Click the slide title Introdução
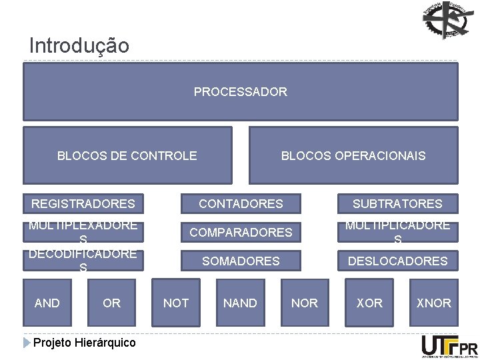coord(79,46)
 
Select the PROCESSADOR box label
coord(240,92)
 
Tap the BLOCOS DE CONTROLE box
coord(127,156)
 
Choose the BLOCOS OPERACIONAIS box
coord(353,156)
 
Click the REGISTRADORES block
coord(83,203)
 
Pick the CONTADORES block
coord(241,203)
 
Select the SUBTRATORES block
coord(397,203)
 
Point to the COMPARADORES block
coord(241,232)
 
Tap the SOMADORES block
coord(241,261)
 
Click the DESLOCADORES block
coord(397,261)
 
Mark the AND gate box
coord(47,303)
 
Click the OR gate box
coord(111,303)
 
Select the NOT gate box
coord(176,303)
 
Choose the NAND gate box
coord(240,303)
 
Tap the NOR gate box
coord(305,303)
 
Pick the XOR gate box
coord(369,303)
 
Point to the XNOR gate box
coord(433,303)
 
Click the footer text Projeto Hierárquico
coord(84,343)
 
